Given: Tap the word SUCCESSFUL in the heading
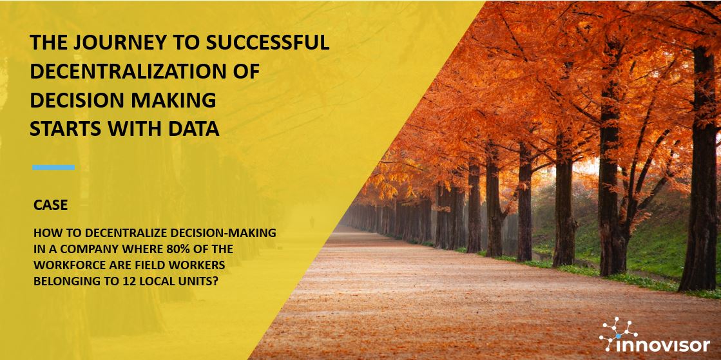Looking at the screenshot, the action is (x=267, y=43).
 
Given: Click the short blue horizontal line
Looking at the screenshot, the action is (x=53, y=167).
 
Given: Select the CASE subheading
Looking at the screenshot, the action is (x=51, y=205).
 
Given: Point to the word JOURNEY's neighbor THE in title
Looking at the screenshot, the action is (x=46, y=43).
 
